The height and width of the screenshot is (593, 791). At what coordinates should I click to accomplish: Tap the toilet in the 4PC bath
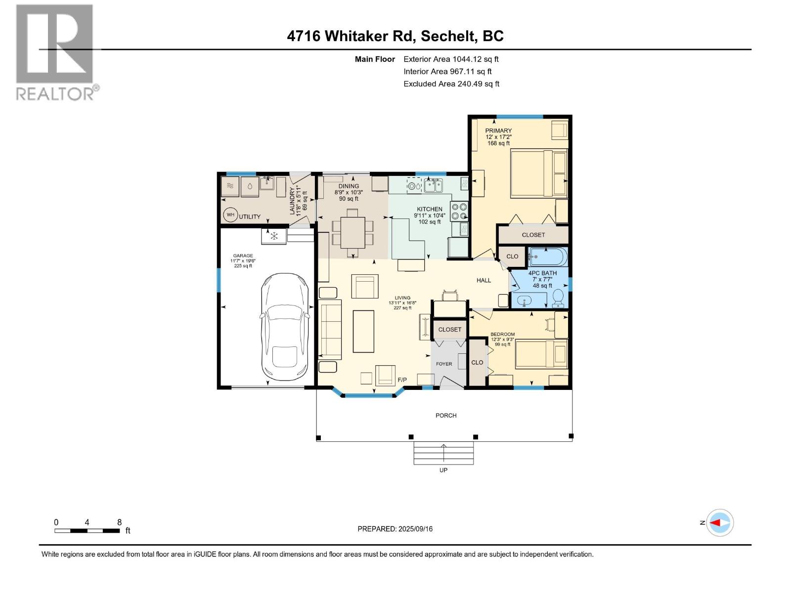558,297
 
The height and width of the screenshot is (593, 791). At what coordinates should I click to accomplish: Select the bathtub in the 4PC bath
548,257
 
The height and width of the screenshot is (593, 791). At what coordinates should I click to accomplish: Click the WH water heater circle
230,215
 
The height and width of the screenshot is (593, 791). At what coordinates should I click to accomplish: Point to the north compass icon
719,522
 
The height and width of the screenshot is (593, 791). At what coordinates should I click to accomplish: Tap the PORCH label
445,416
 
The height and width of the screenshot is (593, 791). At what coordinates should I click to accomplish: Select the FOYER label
443,364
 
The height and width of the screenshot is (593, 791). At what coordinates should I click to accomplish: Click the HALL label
483,280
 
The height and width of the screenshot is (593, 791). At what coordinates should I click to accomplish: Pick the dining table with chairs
352,232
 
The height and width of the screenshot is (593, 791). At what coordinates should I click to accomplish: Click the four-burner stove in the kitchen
459,211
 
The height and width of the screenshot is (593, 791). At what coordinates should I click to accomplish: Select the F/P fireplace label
402,380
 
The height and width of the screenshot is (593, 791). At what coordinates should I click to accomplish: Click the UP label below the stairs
443,470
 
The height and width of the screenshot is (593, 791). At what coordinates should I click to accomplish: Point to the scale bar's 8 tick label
119,522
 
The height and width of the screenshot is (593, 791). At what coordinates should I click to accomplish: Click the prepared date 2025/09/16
395,529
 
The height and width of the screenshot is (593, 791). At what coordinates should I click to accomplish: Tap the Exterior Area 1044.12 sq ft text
451,59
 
